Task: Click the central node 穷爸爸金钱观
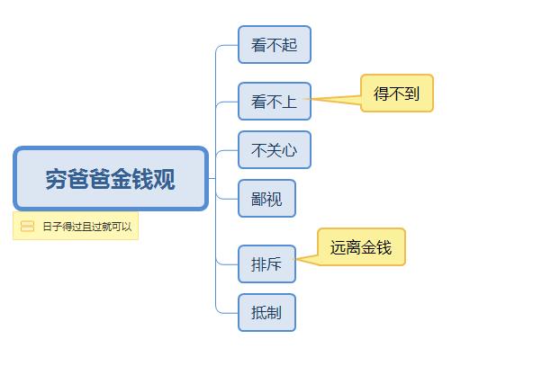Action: click(x=111, y=179)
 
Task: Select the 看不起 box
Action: click(x=274, y=45)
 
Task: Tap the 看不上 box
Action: click(x=274, y=102)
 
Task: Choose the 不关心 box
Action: click(x=274, y=150)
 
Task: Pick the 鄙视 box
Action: click(x=266, y=199)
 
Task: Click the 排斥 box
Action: click(x=266, y=264)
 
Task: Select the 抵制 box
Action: click(x=266, y=313)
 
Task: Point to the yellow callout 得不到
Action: click(x=397, y=94)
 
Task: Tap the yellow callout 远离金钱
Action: click(x=361, y=247)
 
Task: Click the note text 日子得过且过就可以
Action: click(x=86, y=227)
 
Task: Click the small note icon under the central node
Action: click(x=27, y=227)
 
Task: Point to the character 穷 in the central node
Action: click(x=57, y=180)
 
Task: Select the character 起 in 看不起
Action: click(x=289, y=45)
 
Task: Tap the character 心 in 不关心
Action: click(x=289, y=150)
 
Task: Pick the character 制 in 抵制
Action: click(x=274, y=313)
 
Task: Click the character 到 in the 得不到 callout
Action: click(x=412, y=94)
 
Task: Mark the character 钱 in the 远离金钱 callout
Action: click(x=384, y=247)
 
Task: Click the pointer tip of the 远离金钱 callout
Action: click(x=298, y=262)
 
